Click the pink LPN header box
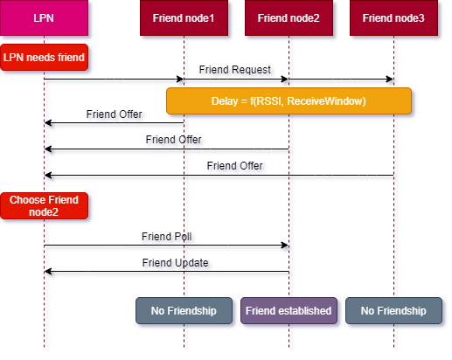coord(44,17)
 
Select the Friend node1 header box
coord(184,17)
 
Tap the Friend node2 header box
coord(289,17)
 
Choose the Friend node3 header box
coord(393,17)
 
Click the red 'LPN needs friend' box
coord(44,58)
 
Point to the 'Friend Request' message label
coord(235,70)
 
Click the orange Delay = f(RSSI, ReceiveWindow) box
coord(289,101)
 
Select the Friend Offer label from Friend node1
coord(115,114)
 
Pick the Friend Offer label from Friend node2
coord(174,140)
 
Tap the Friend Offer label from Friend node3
coord(235,166)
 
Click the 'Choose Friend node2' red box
coord(44,206)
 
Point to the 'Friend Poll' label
coord(167,237)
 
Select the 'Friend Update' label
coord(176,263)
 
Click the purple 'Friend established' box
coord(289,311)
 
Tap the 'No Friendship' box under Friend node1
coord(184,311)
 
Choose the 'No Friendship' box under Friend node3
coord(393,311)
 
